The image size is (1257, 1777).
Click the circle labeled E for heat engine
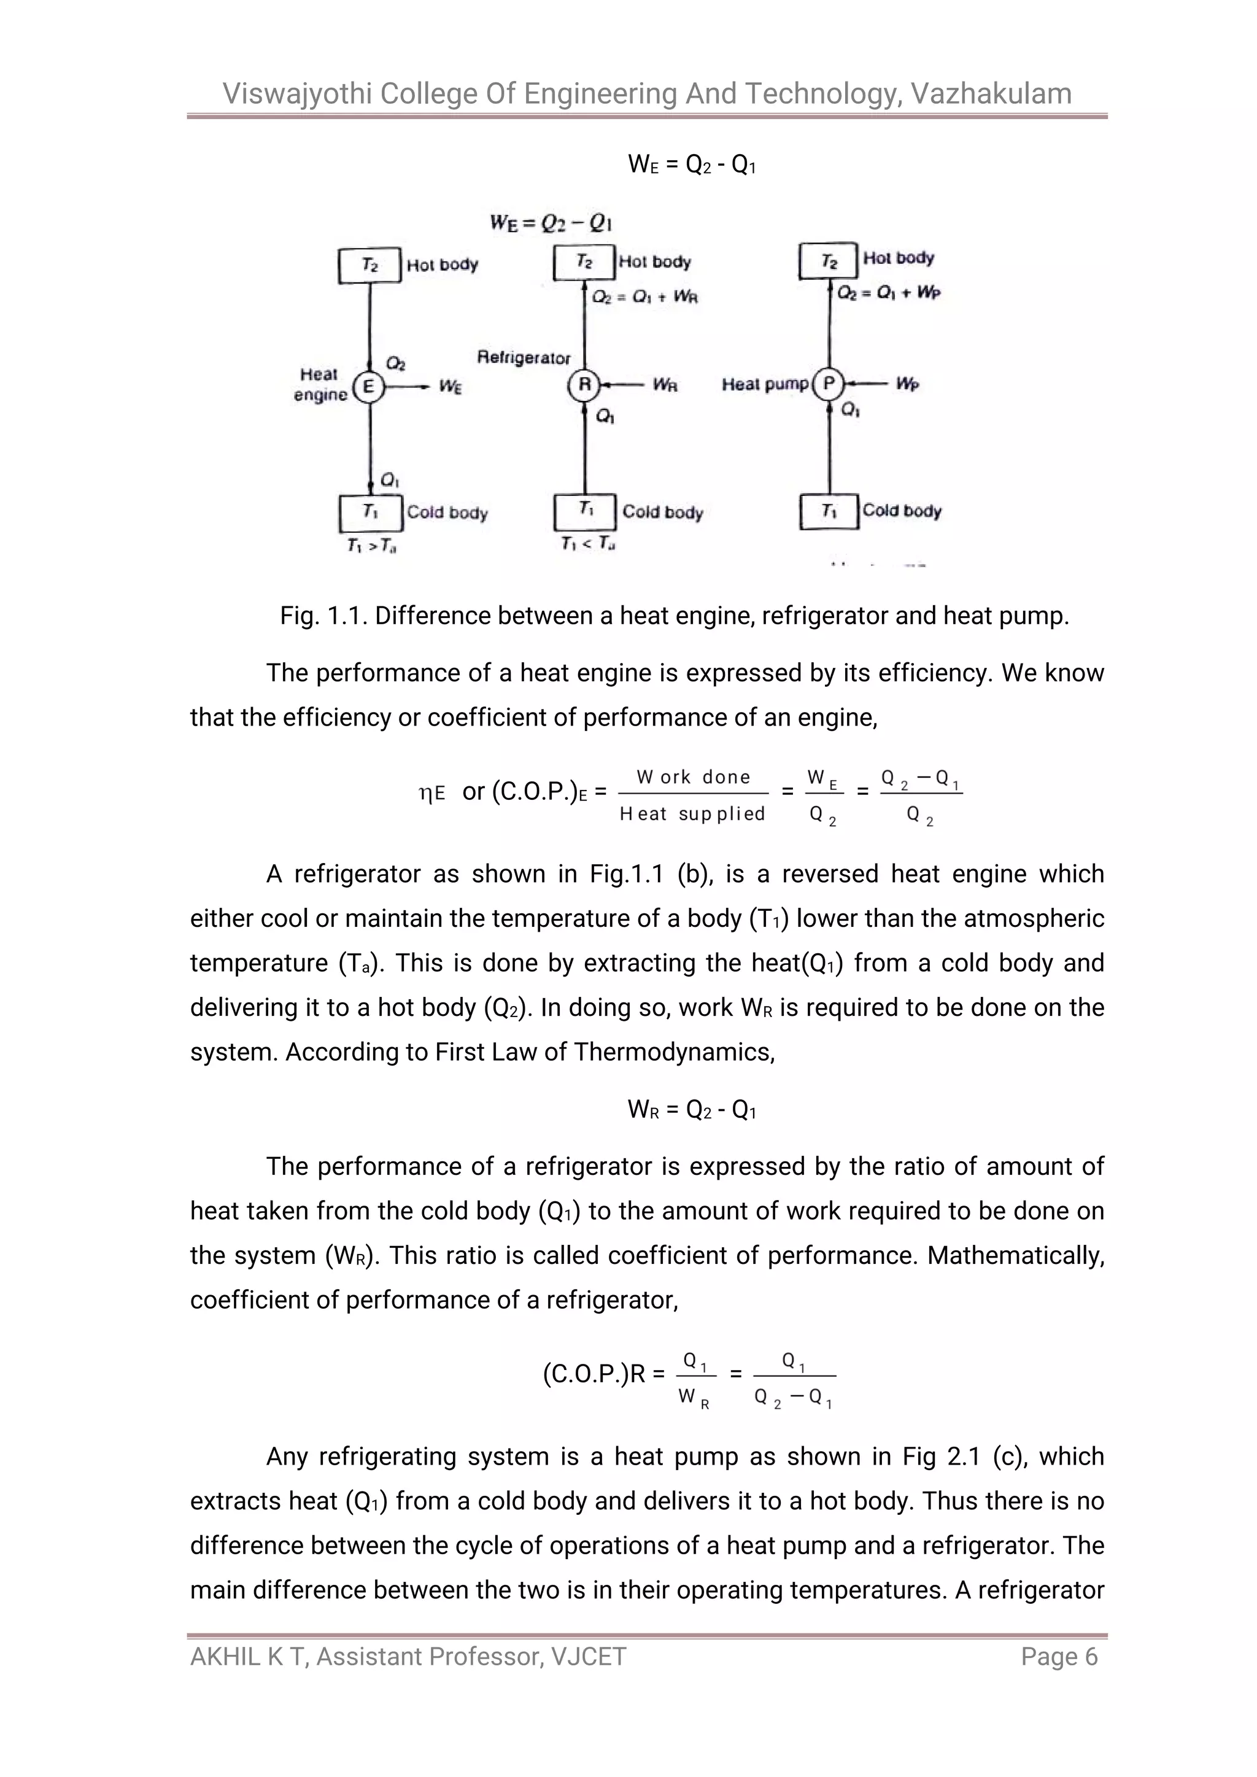(368, 386)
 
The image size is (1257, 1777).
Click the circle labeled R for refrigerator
(584, 385)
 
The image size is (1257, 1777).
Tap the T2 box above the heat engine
(370, 265)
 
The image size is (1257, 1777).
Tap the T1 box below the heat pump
(829, 511)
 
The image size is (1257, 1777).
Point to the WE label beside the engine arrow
(450, 386)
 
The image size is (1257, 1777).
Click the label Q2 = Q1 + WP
(889, 293)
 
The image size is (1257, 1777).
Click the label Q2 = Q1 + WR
(644, 297)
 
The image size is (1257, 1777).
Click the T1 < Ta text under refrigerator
(587, 544)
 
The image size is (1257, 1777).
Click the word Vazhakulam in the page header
(991, 94)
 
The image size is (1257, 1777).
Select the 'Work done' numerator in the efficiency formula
(693, 777)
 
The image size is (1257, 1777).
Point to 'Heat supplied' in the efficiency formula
(692, 813)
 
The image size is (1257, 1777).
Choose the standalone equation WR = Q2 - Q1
(691, 1110)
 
